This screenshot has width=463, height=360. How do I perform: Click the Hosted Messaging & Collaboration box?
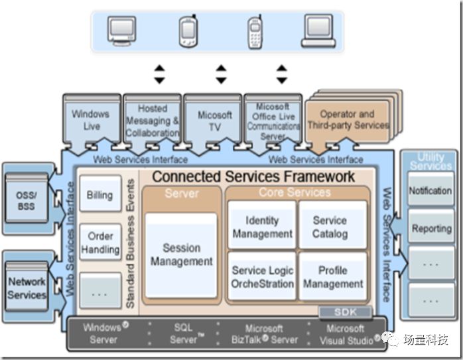[x=153, y=120]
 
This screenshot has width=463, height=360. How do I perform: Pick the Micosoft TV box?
[x=214, y=120]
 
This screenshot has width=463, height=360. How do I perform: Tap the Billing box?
[x=100, y=196]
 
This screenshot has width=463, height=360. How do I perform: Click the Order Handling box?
[x=100, y=243]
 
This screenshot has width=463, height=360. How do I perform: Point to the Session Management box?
[x=181, y=255]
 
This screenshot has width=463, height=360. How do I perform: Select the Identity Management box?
[x=261, y=227]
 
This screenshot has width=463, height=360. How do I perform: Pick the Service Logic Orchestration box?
[x=261, y=277]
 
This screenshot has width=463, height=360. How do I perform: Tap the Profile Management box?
[x=332, y=277]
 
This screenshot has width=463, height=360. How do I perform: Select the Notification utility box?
[x=430, y=190]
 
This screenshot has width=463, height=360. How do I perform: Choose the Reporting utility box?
[x=430, y=228]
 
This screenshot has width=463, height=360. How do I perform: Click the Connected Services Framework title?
[x=253, y=177]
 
